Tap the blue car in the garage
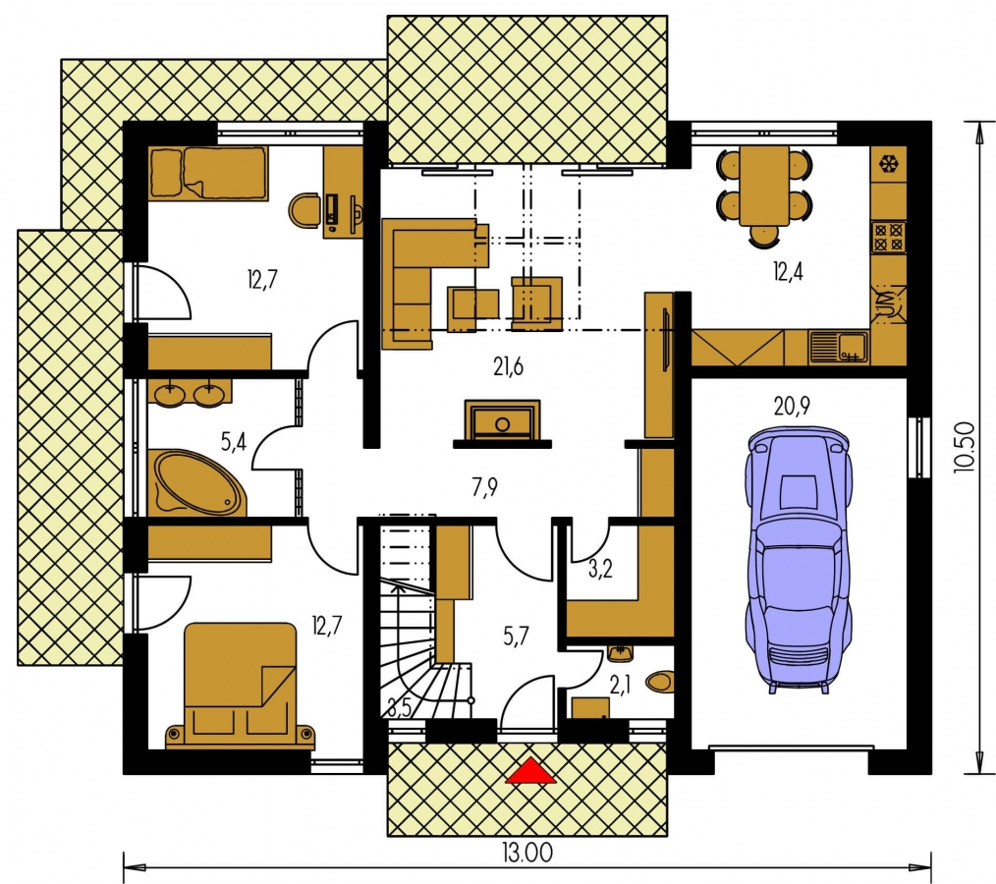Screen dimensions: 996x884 (799, 560)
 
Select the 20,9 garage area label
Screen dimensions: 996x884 (792, 406)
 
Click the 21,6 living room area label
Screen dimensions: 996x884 (508, 366)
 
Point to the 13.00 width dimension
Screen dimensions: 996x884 (527, 853)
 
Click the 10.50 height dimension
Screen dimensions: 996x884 (964, 447)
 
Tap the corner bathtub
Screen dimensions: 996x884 (196, 482)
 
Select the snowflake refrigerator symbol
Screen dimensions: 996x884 (889, 164)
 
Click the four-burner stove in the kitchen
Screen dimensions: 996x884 (889, 237)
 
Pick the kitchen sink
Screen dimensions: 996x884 (839, 348)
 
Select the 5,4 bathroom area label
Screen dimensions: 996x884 (233, 441)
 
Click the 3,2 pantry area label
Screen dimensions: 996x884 (599, 569)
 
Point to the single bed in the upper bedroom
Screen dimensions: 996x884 (207, 174)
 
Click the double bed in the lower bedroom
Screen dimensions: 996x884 (240, 684)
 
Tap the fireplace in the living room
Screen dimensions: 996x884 (503, 423)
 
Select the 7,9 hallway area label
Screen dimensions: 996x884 (484, 487)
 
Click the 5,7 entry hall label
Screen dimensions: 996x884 (515, 635)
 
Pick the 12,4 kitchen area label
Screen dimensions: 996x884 (788, 272)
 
